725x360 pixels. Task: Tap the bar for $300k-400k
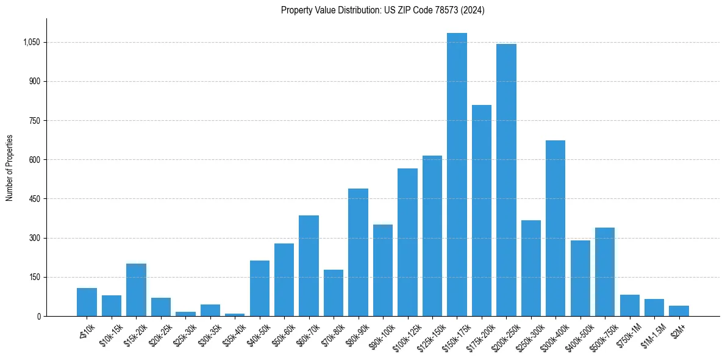click(555, 228)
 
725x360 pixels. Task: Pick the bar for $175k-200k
click(482, 211)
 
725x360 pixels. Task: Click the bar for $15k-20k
click(136, 290)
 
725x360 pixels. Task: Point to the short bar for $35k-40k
click(235, 314)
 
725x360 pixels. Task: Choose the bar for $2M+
click(679, 311)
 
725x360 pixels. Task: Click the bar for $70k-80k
click(334, 293)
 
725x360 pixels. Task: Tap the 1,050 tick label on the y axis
click(31, 43)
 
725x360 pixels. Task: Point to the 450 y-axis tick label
click(34, 199)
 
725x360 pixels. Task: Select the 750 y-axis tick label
click(34, 121)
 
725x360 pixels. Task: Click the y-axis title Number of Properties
click(9, 168)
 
